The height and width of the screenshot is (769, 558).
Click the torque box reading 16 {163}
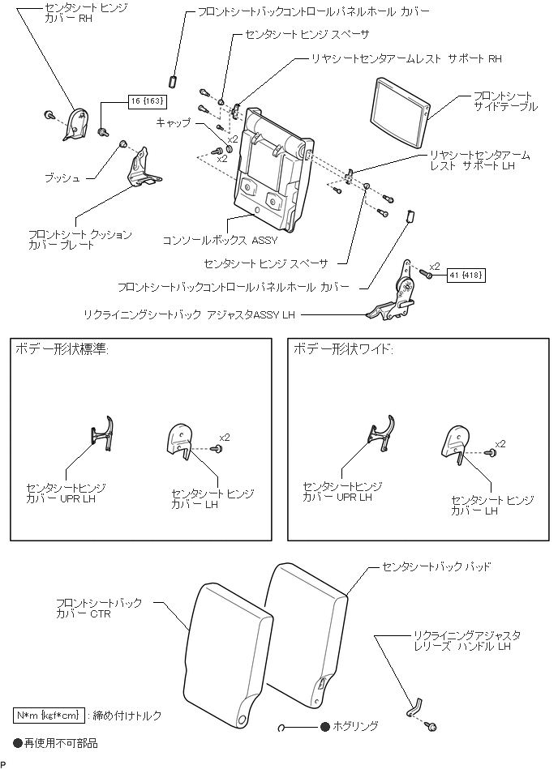click(x=147, y=101)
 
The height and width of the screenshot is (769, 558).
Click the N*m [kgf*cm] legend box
click(x=47, y=715)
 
